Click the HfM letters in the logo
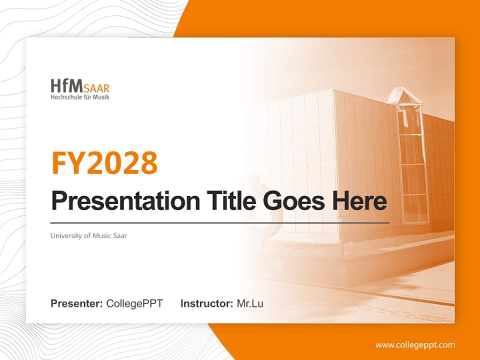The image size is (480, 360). coord(66,86)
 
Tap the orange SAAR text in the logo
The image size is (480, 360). coord(96,88)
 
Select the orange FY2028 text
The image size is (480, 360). coord(104,163)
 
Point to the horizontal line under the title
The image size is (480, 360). coord(220,223)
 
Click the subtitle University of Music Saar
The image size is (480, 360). coord(89,235)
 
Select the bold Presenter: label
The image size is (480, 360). coord(76,303)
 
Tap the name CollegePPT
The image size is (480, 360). coord(134,303)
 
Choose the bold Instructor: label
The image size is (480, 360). coord(207,303)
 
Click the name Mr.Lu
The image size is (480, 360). coord(250,303)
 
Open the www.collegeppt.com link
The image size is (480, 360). coord(415,345)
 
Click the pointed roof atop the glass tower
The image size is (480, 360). coord(404,95)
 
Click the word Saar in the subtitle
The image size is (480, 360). coord(120,235)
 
